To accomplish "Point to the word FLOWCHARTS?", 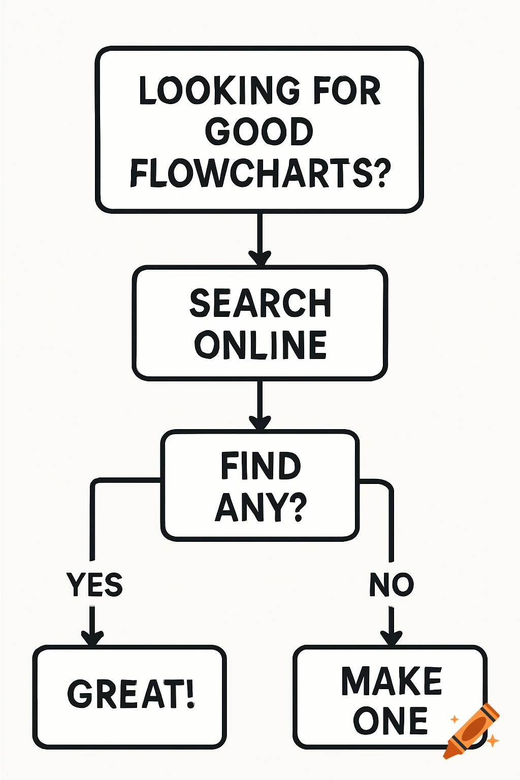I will click(260, 173).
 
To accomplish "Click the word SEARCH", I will click(260, 303).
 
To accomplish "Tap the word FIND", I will click(261, 466).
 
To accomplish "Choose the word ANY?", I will click(261, 506).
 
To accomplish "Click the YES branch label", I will click(94, 584).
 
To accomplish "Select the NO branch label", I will click(391, 584).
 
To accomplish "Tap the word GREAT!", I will click(131, 694).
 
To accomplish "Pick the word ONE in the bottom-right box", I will click(390, 721).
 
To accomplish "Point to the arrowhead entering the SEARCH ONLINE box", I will click(259, 257).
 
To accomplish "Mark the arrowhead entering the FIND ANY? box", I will click(259, 422).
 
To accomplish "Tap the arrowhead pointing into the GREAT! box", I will click(92, 637).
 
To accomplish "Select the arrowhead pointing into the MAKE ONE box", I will click(391, 637).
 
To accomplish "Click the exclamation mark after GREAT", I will click(190, 694).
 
